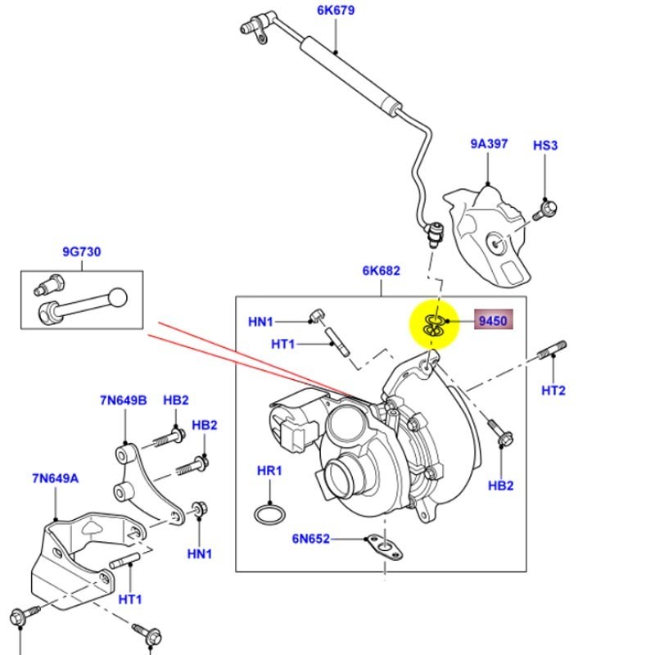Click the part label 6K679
(x=337, y=11)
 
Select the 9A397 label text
(x=489, y=144)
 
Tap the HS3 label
(x=545, y=145)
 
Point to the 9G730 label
(x=81, y=252)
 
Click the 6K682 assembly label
(x=381, y=271)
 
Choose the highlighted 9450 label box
(x=492, y=322)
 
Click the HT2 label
(x=553, y=391)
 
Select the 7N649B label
(x=123, y=400)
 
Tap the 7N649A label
(x=56, y=478)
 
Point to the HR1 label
(x=269, y=472)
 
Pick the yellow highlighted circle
(x=434, y=323)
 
